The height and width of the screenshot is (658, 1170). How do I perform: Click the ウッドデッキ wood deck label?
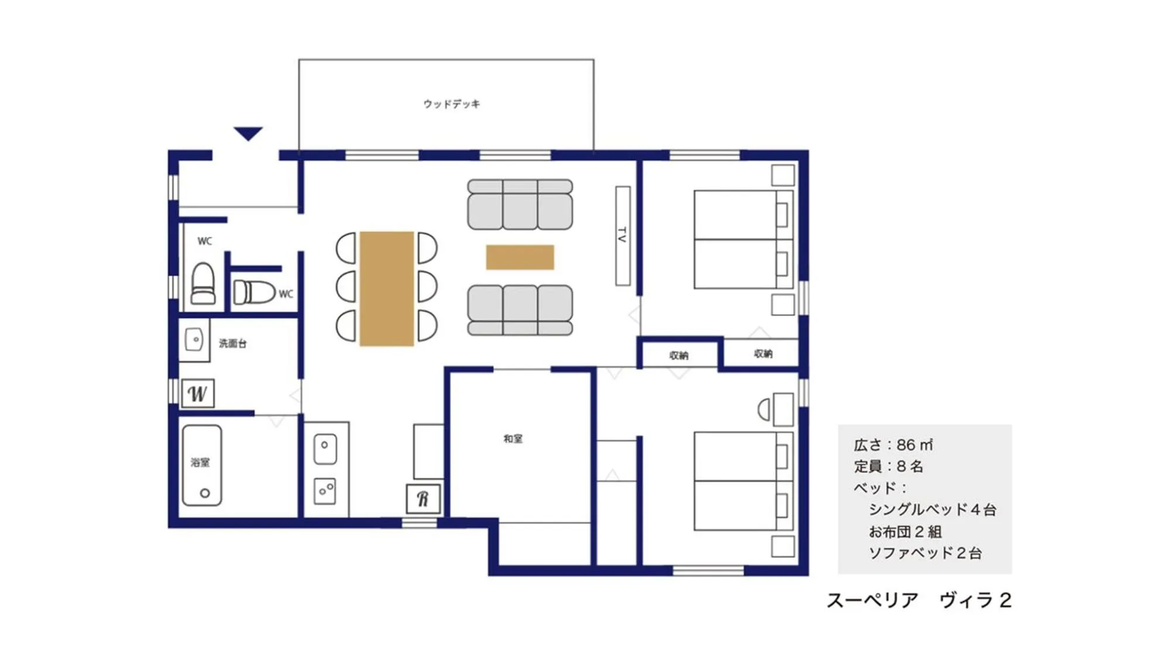(451, 104)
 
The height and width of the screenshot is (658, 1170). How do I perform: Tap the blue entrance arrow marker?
(248, 133)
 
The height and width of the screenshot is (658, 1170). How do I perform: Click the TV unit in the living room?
(623, 236)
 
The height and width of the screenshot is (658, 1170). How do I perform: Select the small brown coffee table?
(520, 257)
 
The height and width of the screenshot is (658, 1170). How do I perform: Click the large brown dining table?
(386, 289)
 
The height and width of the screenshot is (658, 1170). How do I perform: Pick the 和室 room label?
(513, 439)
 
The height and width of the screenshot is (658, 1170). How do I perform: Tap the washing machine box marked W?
(198, 394)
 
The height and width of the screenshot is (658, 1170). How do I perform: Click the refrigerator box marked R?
(423, 499)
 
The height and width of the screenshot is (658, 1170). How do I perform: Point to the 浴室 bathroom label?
(200, 462)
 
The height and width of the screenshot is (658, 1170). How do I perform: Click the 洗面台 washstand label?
(232, 343)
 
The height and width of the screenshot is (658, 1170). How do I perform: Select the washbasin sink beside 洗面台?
(194, 340)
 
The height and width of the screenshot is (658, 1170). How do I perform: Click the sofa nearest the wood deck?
(520, 205)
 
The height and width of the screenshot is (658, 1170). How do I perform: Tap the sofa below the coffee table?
(520, 310)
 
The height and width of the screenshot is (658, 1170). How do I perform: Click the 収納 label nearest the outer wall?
(763, 354)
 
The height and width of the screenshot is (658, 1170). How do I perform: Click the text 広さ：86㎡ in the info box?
(893, 445)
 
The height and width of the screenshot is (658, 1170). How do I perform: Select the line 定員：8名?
(888, 467)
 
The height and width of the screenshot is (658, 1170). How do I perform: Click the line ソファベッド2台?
(925, 553)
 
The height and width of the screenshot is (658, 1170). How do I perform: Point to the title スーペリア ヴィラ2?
(918, 601)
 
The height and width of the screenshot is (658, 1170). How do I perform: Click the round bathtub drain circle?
(205, 493)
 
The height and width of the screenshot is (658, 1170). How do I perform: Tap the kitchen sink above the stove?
(325, 449)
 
